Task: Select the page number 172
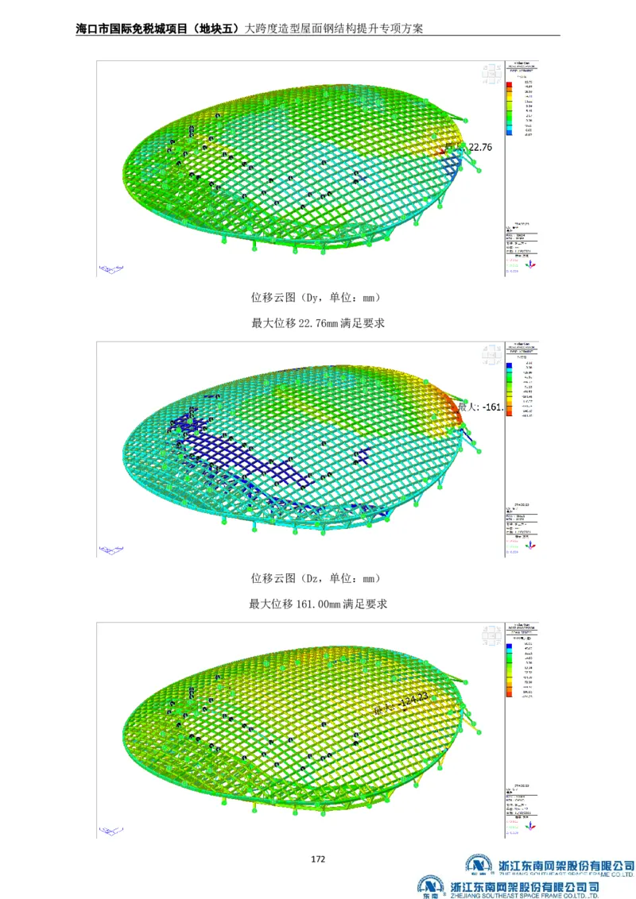pos(318,859)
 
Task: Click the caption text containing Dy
pos(316,298)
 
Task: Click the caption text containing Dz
pos(316,578)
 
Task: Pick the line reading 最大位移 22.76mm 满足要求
pos(318,323)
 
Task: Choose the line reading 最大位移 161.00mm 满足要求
pos(318,604)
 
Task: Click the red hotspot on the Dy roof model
pos(449,148)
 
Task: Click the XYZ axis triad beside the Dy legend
pos(533,260)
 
